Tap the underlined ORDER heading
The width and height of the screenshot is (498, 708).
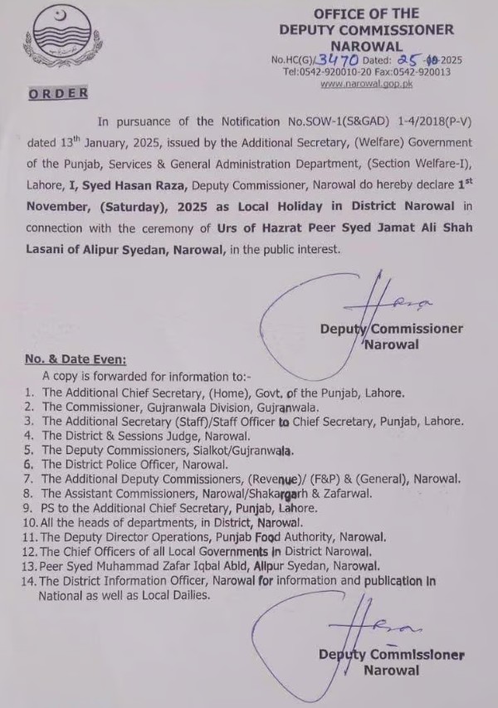click(x=58, y=94)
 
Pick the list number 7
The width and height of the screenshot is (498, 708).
click(x=28, y=479)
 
